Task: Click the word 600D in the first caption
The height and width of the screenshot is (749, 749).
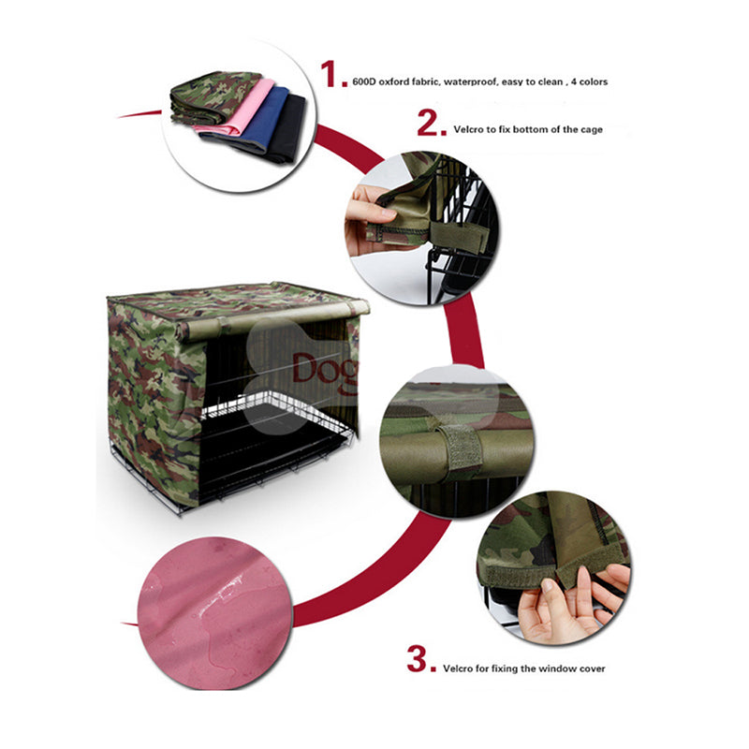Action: coord(364,81)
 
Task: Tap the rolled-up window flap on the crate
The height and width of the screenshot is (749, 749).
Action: coord(272,317)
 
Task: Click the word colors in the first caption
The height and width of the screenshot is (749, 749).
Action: coord(594,81)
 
